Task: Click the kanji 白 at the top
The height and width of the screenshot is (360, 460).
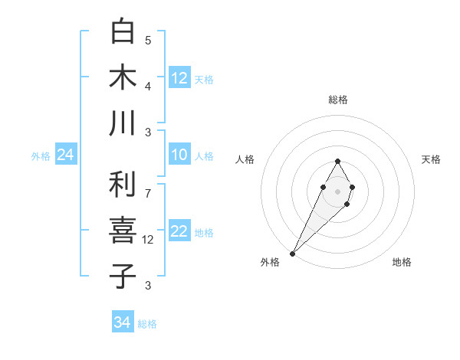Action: pyautogui.click(x=123, y=32)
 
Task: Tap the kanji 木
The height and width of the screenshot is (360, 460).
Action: pyautogui.click(x=123, y=77)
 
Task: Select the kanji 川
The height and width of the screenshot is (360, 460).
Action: pyautogui.click(x=123, y=123)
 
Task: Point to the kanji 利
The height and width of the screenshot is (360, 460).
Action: pyautogui.click(x=123, y=185)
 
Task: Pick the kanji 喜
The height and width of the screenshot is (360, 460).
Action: pyautogui.click(x=123, y=231)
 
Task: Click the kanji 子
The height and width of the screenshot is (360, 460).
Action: pyautogui.click(x=123, y=276)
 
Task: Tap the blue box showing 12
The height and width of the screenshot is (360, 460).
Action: pyautogui.click(x=179, y=78)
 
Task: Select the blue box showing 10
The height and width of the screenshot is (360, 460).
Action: pyautogui.click(x=179, y=155)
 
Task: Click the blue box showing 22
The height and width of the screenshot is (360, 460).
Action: pyautogui.click(x=179, y=232)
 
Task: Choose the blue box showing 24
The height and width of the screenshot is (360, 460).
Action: pyautogui.click(x=66, y=155)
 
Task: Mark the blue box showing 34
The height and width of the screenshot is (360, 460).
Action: pyautogui.click(x=123, y=322)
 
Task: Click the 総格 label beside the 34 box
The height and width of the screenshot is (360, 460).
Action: pyautogui.click(x=147, y=324)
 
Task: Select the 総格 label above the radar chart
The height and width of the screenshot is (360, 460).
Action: pyautogui.click(x=338, y=100)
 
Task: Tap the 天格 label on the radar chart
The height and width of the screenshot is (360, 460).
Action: pyautogui.click(x=432, y=159)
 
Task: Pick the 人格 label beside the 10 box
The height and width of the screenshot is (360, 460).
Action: pyautogui.click(x=204, y=156)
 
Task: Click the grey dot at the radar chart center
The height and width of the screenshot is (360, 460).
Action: pyautogui.click(x=337, y=190)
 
